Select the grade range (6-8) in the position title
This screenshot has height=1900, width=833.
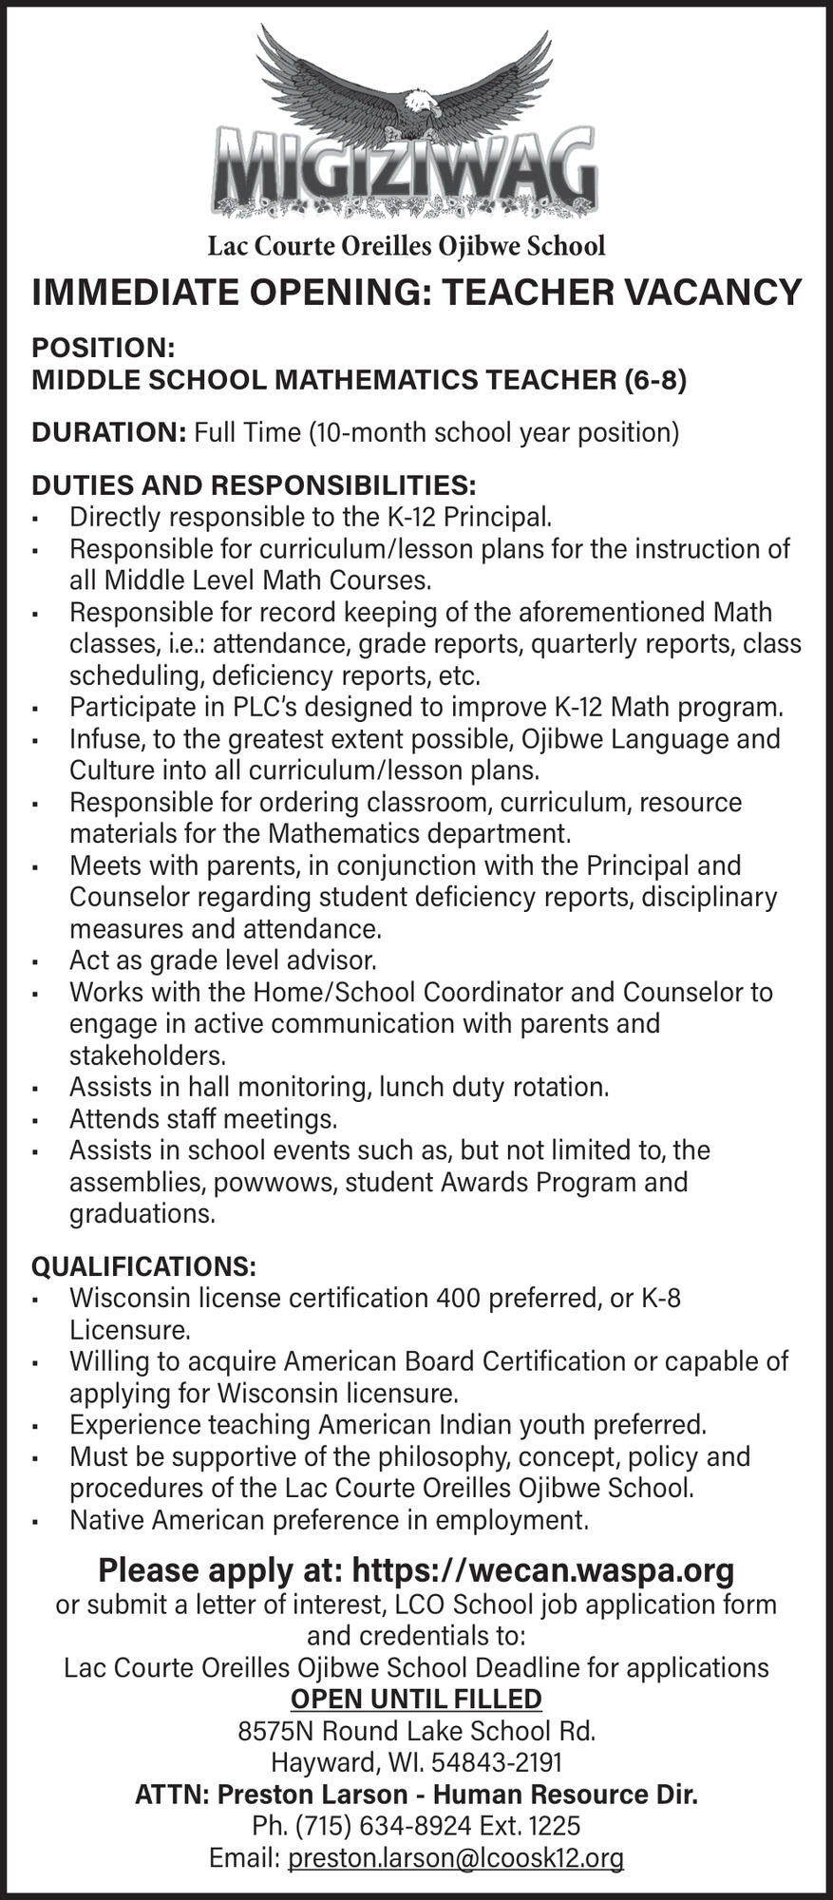click(x=654, y=380)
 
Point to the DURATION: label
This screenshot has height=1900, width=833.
click(x=108, y=432)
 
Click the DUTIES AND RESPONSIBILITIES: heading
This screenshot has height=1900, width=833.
click(x=254, y=485)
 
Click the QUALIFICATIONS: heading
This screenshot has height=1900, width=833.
click(x=143, y=1266)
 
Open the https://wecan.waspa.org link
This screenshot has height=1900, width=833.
click(x=543, y=1570)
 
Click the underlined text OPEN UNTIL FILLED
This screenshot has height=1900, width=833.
click(x=416, y=1699)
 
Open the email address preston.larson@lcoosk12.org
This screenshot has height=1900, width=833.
click(x=456, y=1858)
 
